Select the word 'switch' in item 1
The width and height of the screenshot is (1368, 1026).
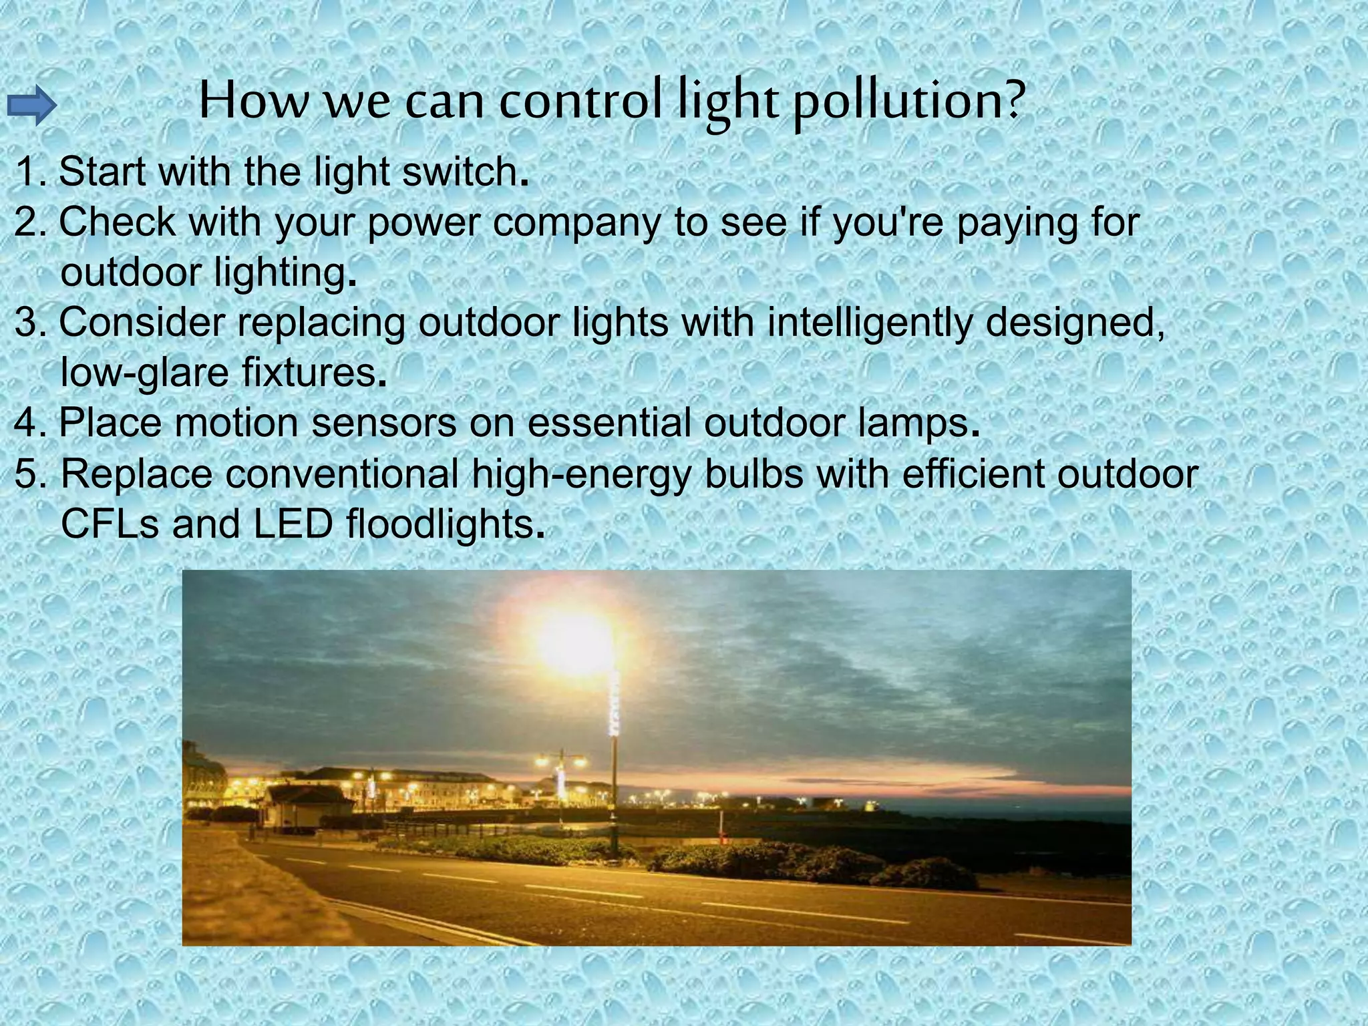point(460,172)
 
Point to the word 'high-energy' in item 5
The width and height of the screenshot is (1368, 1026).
point(580,474)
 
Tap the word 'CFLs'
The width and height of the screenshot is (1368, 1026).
point(110,524)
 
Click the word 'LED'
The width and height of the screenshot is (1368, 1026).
point(293,524)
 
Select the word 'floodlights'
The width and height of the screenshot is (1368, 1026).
point(440,524)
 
